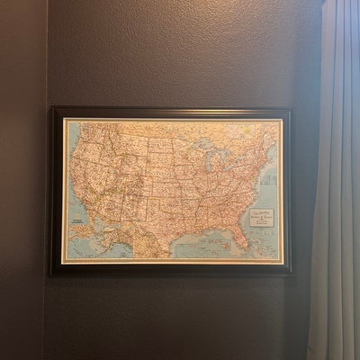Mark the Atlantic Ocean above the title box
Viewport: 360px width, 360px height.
270,184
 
